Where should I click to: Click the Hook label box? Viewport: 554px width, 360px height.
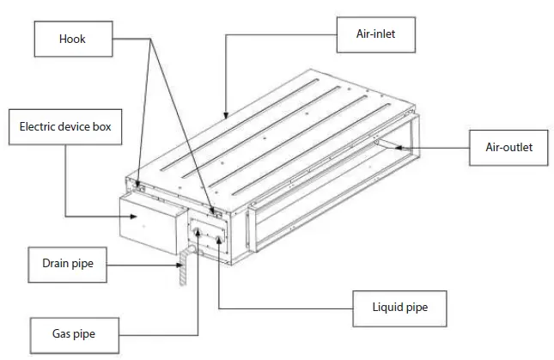click(73, 39)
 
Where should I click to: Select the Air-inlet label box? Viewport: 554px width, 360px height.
click(374, 34)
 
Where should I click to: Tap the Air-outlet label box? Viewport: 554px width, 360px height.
click(504, 147)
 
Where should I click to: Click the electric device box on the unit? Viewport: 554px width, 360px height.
click(150, 221)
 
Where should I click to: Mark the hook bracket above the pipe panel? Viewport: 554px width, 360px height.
click(215, 208)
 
